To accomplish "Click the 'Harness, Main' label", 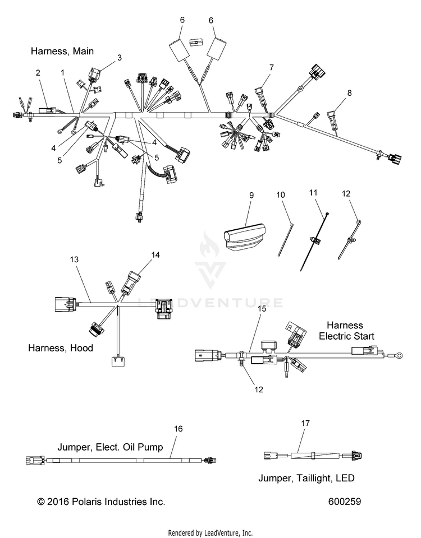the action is (x=62, y=51).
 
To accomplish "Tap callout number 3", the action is (x=119, y=58).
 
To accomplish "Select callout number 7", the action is (x=272, y=68).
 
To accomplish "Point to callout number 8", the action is (x=350, y=93).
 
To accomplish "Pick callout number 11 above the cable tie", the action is (x=313, y=193).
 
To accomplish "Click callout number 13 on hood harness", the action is (x=74, y=259).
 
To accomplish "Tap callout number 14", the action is (x=155, y=254).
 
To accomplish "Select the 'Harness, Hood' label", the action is (x=61, y=348).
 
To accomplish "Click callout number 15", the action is (x=262, y=309).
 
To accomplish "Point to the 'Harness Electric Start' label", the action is (x=346, y=331).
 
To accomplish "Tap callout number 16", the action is (x=179, y=429).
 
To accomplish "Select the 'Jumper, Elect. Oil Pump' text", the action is (x=110, y=447).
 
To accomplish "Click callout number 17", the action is (x=305, y=424).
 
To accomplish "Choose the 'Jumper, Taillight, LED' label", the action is (x=306, y=478).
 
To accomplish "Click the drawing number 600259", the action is (x=345, y=502).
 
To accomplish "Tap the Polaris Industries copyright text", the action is (x=101, y=502).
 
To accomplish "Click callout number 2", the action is (x=38, y=73).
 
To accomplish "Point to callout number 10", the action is (x=281, y=195).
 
